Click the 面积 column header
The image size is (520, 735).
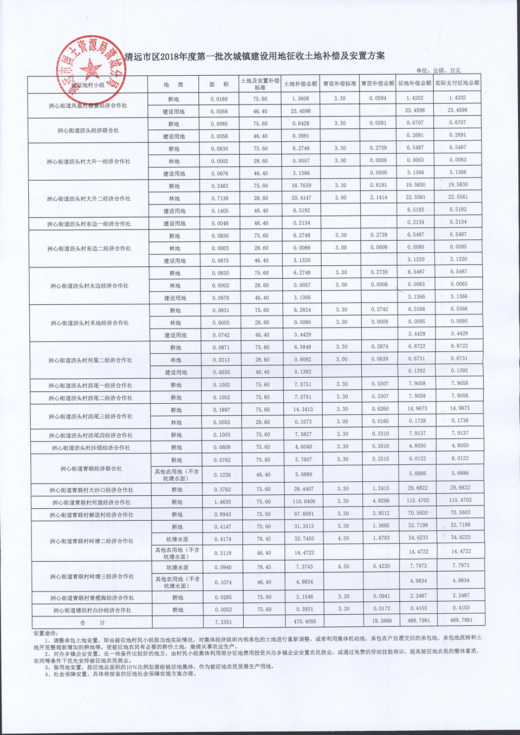tap(220, 84)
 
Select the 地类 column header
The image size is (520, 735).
tap(173, 84)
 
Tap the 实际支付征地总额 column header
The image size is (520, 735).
tap(457, 83)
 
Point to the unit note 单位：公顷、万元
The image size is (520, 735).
tap(438, 70)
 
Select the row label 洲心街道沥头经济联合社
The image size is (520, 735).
tap(88, 130)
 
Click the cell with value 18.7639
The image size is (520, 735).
tap(302, 186)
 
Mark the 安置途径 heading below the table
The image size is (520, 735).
tap(46, 633)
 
